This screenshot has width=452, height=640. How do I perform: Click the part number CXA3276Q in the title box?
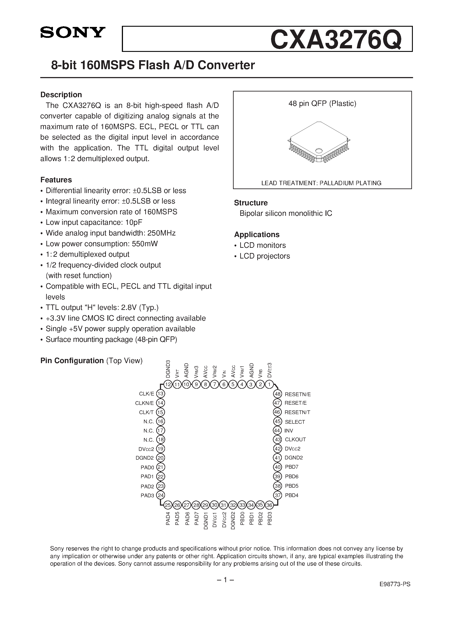[x=336, y=40]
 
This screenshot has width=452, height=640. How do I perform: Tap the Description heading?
[x=61, y=95]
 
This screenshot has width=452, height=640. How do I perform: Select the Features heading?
[x=56, y=180]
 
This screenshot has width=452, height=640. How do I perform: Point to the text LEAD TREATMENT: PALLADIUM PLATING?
[x=321, y=183]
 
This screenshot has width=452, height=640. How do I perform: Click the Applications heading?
[x=257, y=234]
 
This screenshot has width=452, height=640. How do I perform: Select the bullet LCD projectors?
[x=265, y=256]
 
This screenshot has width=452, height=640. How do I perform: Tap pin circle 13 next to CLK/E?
[x=161, y=394]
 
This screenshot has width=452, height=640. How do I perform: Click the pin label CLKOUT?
[x=295, y=440]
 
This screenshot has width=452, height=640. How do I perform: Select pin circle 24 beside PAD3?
[x=161, y=495]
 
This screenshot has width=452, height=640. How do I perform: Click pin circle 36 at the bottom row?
[x=269, y=505]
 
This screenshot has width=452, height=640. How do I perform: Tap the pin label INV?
[x=289, y=431]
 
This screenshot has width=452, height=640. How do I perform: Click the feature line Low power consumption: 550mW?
[x=102, y=244]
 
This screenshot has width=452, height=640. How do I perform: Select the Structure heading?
[x=251, y=203]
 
